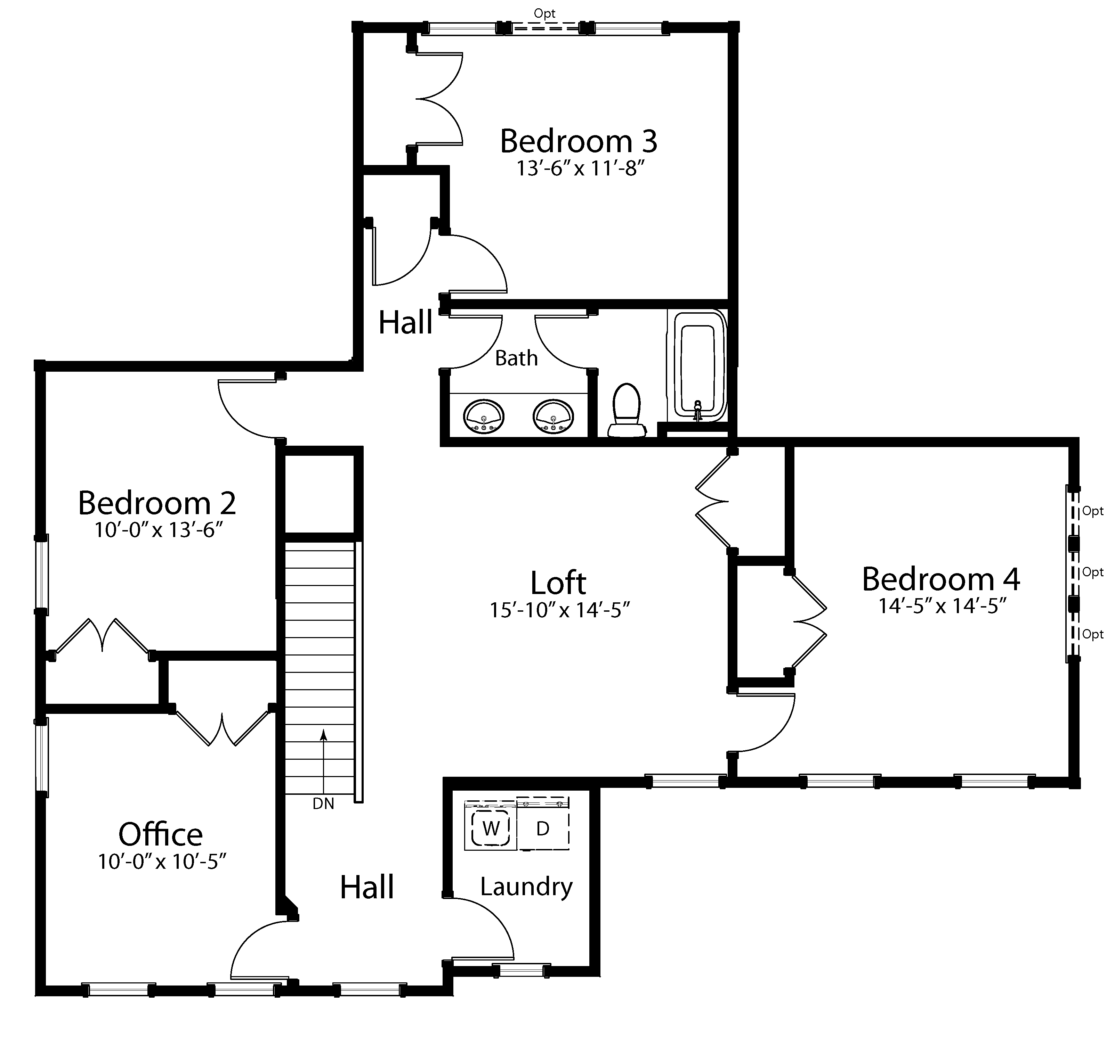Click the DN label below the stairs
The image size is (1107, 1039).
coord(324,803)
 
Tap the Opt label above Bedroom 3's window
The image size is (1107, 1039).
coord(544,13)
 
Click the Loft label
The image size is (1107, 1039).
coord(558,583)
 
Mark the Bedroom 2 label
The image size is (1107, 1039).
coord(157,503)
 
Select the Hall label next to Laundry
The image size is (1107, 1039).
coord(367,887)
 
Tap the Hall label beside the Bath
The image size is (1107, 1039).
coord(405,322)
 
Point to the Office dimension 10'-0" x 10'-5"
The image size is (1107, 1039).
coord(162,861)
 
